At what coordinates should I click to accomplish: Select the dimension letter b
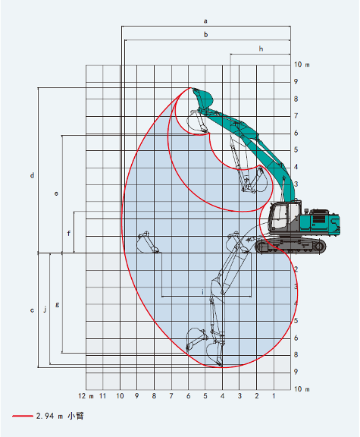point(205,34)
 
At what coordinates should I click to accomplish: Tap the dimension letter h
point(261,49)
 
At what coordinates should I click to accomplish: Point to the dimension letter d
point(32,176)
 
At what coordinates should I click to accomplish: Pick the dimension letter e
point(56,194)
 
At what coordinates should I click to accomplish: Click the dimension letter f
point(69,233)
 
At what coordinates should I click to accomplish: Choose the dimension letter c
point(32,310)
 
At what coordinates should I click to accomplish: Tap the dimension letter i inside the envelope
point(203,291)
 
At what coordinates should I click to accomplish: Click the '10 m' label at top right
point(302,65)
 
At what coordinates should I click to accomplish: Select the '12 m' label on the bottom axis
point(86,397)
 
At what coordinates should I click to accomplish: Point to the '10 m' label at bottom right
point(302,389)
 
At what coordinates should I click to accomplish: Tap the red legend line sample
point(22,416)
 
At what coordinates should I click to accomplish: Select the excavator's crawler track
point(291,246)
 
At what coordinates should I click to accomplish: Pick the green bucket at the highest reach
point(203,98)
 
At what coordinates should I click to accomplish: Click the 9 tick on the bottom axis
point(137,397)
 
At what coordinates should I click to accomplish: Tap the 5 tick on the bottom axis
point(205,397)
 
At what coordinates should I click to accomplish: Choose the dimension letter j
point(45,309)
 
